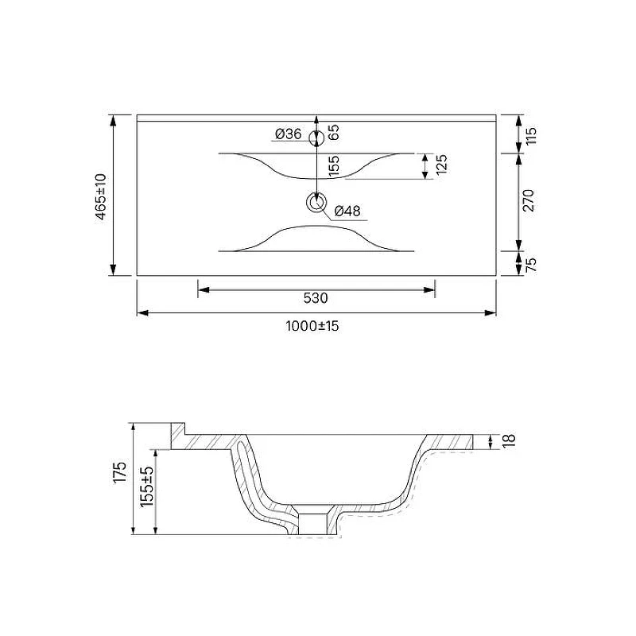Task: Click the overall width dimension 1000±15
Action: [312, 326]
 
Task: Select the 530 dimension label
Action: [316, 299]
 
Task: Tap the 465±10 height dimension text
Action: [101, 196]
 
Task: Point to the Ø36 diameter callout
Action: [288, 134]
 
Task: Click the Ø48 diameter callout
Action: [347, 211]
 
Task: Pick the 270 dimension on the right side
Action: [529, 200]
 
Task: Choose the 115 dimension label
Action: [531, 135]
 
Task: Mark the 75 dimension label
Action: [531, 265]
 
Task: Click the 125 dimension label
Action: [441, 165]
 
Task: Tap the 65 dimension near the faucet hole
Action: [333, 133]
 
